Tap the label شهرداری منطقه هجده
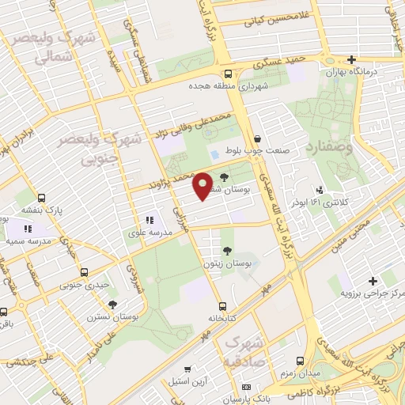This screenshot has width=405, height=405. (x=237, y=86)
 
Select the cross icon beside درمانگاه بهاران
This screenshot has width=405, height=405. (x=351, y=60)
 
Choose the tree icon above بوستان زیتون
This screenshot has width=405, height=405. (x=229, y=252)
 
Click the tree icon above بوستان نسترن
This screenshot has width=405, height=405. (x=112, y=303)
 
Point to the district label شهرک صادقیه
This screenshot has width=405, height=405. (x=245, y=352)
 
